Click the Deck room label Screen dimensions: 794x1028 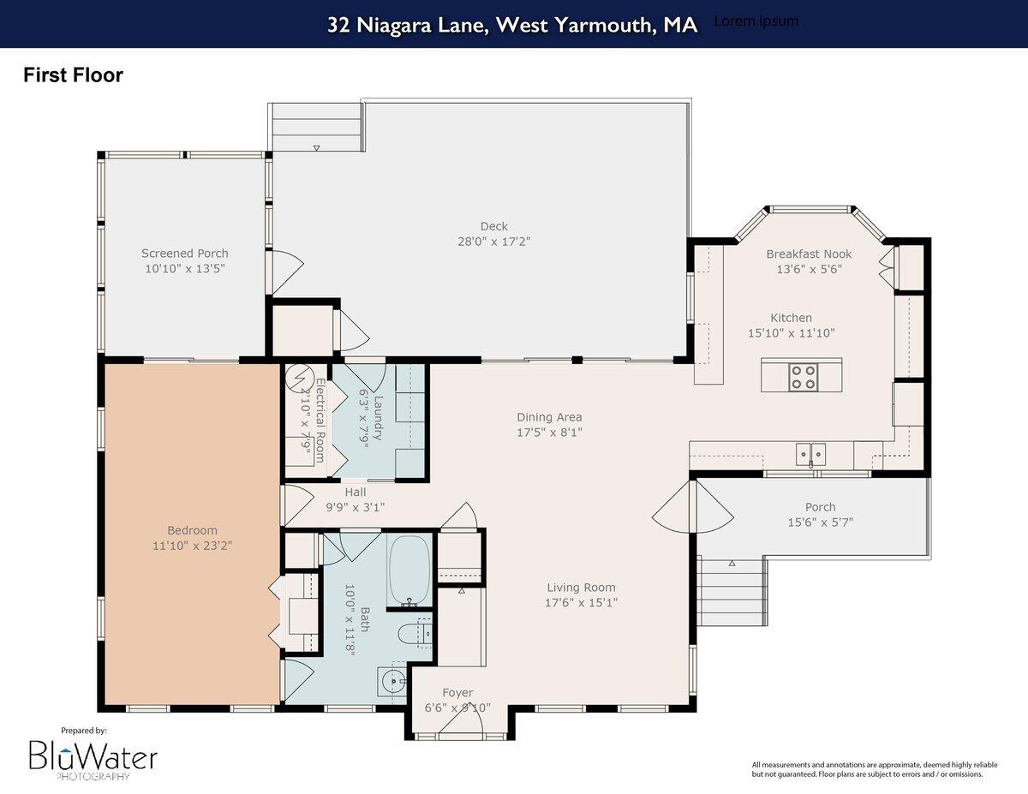tap(493, 227)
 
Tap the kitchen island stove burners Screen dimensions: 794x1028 tap(802, 377)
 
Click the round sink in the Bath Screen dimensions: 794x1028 tap(393, 683)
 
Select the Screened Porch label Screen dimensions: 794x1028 tap(185, 254)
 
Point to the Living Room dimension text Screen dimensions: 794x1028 tap(582, 602)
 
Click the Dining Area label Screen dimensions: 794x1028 tap(549, 418)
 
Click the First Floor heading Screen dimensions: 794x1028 tap(73, 75)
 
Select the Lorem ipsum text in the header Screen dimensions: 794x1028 tap(756, 21)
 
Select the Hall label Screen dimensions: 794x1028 tap(356, 493)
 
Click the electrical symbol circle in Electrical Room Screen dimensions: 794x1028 tap(300, 378)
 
